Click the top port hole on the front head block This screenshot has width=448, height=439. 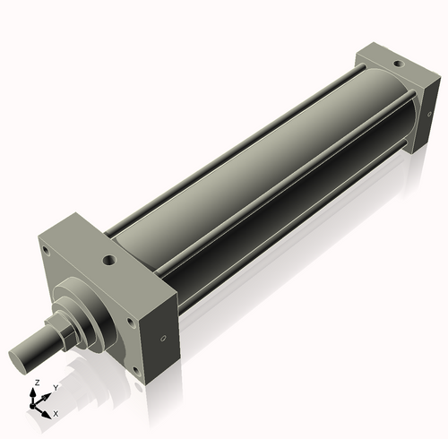(109, 261)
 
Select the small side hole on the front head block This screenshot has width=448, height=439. (162, 339)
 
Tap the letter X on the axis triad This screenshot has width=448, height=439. (56, 414)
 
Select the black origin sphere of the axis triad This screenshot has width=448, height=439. (37, 404)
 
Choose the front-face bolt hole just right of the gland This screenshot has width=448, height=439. (129, 318)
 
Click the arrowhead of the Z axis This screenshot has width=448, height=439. (35, 390)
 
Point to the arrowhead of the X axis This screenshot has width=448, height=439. (48, 411)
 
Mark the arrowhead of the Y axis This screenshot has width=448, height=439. (48, 392)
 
